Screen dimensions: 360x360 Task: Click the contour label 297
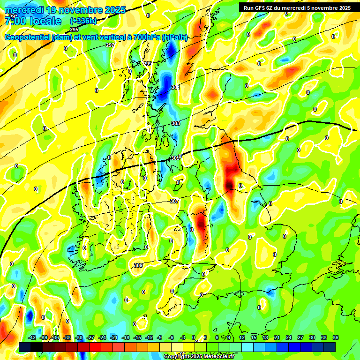[x=110, y=45]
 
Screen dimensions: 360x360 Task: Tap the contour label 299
[x=147, y=64]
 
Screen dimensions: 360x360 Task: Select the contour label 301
[x=175, y=87]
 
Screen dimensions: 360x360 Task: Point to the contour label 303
[x=175, y=123]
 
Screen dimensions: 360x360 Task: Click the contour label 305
[x=175, y=158]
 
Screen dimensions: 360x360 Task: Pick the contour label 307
[x=174, y=201]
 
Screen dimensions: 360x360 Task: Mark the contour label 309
[x=138, y=265]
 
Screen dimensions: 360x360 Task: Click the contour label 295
[x=74, y=29]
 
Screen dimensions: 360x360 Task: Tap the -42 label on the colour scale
[x=32, y=337]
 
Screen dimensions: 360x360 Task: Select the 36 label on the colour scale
[x=336, y=337]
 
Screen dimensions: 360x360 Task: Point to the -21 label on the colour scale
[x=113, y=337]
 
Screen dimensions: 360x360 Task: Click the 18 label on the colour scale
[x=265, y=337]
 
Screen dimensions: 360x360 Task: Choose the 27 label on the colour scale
[x=300, y=337]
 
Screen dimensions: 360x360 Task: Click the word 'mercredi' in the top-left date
[x=23, y=10]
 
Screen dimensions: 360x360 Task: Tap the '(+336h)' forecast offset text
[x=84, y=21]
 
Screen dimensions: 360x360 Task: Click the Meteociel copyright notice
[x=199, y=356]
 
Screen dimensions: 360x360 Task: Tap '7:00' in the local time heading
[x=15, y=21]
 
